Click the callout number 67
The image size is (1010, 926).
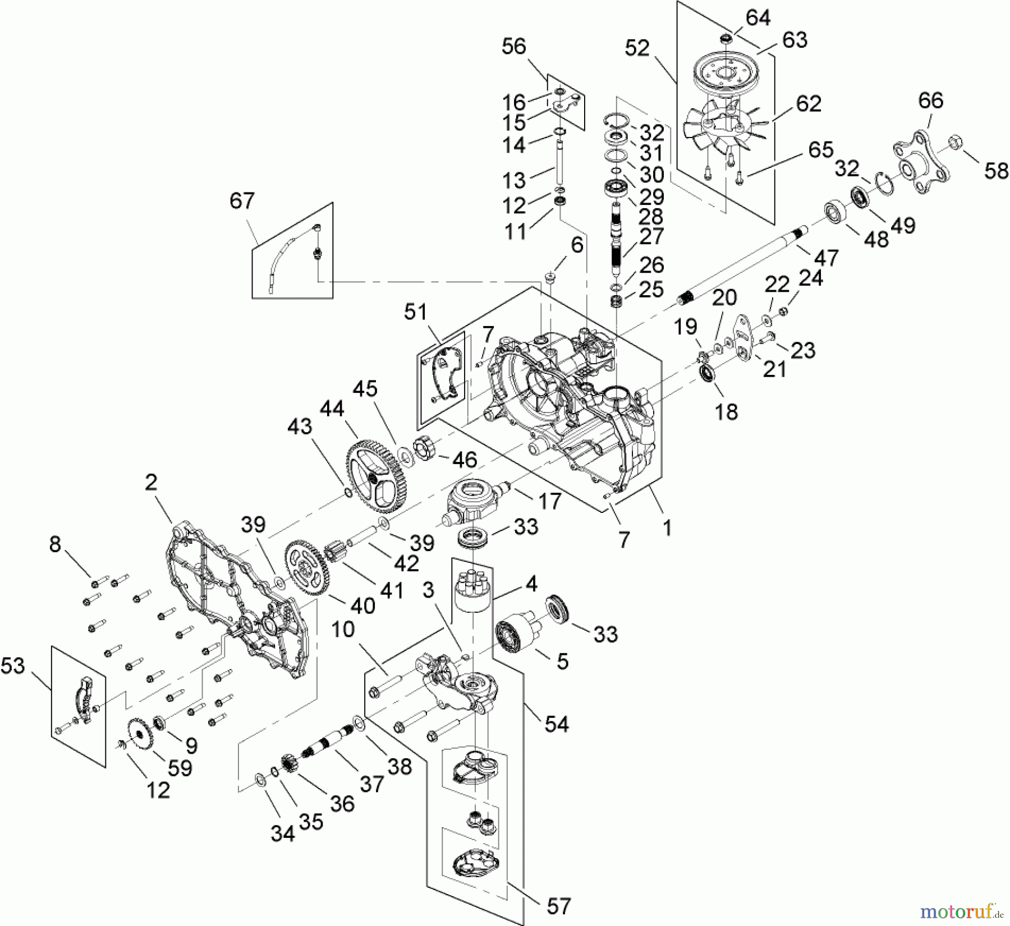click(242, 200)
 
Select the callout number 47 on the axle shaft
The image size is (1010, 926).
click(826, 257)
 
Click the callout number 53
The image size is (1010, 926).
click(13, 666)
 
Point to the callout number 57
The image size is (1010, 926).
click(558, 905)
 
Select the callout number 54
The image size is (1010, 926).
click(557, 723)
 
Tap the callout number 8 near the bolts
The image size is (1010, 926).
click(55, 544)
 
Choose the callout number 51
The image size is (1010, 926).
click(416, 311)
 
